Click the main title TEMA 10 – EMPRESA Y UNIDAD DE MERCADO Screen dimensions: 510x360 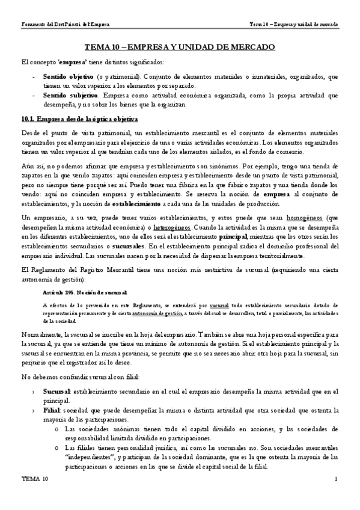180,47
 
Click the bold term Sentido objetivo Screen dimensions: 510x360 68,77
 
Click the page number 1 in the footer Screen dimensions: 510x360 337,479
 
